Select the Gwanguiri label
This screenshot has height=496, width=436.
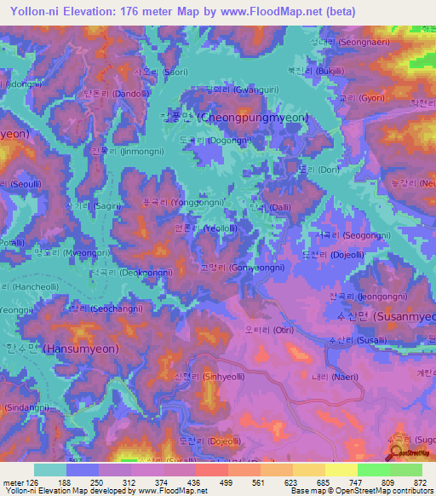tap(232, 89)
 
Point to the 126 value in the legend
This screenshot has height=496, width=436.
tap(32, 482)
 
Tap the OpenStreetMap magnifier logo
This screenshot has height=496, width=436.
tap(397, 453)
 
